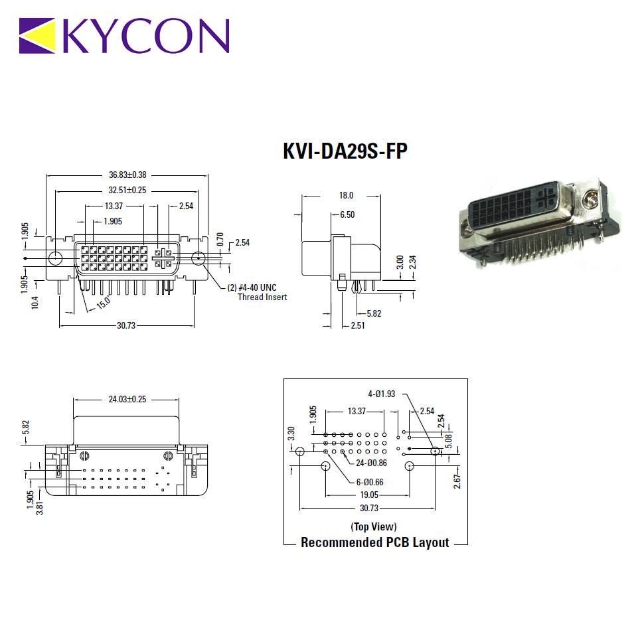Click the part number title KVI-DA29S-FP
tap(345, 151)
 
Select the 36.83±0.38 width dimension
tap(127, 175)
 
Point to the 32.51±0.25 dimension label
tap(127, 190)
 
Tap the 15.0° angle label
tap(104, 302)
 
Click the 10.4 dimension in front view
tap(35, 303)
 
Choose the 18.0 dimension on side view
tap(346, 195)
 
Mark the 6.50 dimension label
tap(347, 214)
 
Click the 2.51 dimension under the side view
tap(358, 325)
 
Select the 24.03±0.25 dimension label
tap(127, 399)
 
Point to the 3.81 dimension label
tap(40, 508)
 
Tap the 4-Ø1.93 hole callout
tap(382, 394)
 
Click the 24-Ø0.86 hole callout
tap(371, 463)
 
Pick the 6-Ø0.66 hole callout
tap(370, 482)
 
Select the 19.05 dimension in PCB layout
tap(369, 495)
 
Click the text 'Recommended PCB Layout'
tap(374, 542)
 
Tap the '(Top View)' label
tap(374, 526)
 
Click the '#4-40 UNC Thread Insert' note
tap(257, 292)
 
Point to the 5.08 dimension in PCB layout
tap(449, 441)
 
